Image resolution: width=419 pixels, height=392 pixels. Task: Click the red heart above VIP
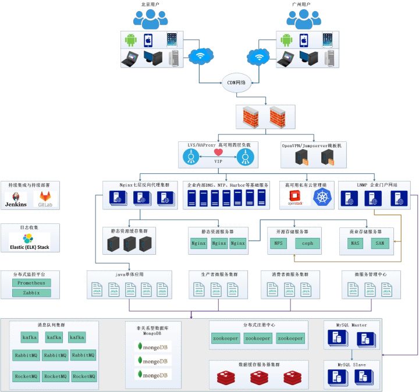(218, 152)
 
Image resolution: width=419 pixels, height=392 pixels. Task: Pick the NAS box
(354, 244)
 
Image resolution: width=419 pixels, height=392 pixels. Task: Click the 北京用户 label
(150, 4)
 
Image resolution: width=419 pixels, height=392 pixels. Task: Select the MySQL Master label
(351, 325)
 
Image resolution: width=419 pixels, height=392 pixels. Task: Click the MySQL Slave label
(351, 365)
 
